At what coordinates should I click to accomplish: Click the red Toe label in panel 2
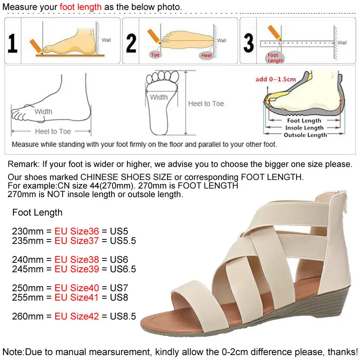(155, 55)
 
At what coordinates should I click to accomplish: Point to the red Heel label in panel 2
(206, 55)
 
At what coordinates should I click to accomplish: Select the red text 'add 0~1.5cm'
(276, 79)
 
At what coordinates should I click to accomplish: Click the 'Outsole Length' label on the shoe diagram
(305, 135)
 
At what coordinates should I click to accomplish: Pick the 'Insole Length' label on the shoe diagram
(305, 128)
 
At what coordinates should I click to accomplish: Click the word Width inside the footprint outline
(159, 97)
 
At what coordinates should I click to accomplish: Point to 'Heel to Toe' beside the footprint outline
(206, 103)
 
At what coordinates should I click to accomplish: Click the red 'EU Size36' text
(76, 231)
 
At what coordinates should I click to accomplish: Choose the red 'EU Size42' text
(76, 316)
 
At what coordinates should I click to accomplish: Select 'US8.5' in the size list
(123, 316)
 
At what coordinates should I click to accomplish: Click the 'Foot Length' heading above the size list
(37, 212)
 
